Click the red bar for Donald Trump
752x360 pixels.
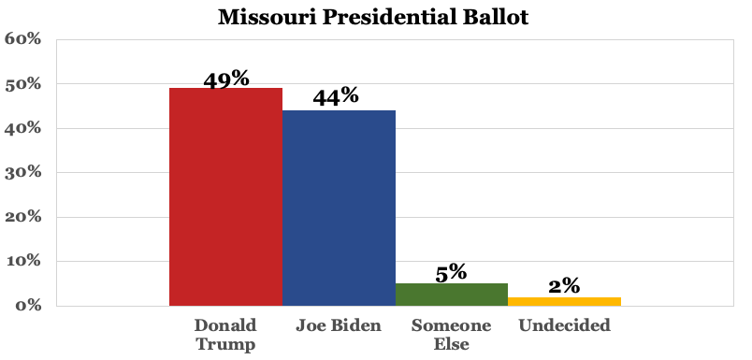coord(225,196)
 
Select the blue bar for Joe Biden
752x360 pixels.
coord(339,208)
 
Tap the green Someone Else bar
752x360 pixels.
coord(451,295)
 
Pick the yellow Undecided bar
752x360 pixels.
coord(564,301)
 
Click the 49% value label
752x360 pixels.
coord(226,79)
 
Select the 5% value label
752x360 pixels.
coord(451,272)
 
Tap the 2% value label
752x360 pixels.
coord(565,286)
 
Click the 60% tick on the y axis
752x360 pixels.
coord(23,39)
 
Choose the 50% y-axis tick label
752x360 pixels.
coord(23,84)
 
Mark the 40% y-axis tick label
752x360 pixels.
coord(23,128)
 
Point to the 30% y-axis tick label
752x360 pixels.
coord(23,173)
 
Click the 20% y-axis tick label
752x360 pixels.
coord(23,217)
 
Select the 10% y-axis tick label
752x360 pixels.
coord(23,261)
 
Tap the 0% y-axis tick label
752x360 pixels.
coord(28,306)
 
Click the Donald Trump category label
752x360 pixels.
coord(225,334)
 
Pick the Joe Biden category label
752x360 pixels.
coord(338,325)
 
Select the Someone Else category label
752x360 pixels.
coord(451,334)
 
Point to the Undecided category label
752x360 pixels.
coord(564,325)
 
